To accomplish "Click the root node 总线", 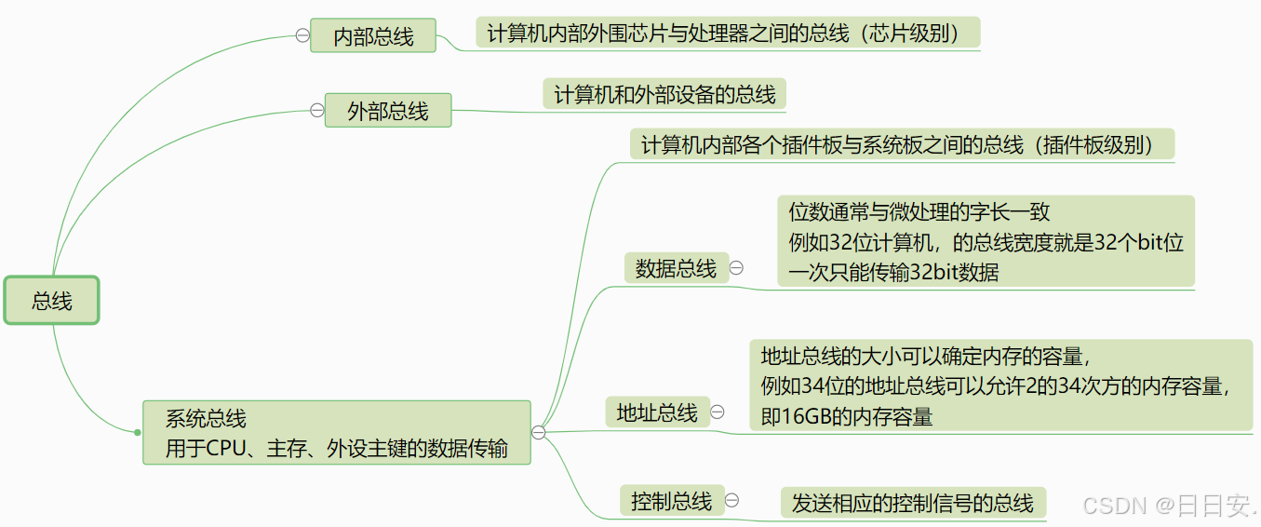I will [51, 301].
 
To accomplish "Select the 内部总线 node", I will [372, 36].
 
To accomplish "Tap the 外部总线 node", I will [387, 111].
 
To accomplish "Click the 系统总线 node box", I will [336, 433].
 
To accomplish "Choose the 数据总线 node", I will [676, 269].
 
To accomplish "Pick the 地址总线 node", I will [656, 412].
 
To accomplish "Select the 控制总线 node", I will [671, 502].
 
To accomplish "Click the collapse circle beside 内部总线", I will [302, 35].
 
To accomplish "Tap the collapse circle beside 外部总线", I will [316, 110].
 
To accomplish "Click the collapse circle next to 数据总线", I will [736, 268].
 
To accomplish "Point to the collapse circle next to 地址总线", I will [718, 412].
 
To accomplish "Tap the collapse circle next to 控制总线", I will [731, 500].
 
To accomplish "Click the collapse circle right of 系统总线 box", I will [538, 432].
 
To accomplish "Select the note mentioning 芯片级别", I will [729, 34].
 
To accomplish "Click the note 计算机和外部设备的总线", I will [664, 94].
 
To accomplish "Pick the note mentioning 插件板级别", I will [902, 145].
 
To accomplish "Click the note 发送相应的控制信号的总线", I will [912, 504].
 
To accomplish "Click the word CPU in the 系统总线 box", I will [225, 448].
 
